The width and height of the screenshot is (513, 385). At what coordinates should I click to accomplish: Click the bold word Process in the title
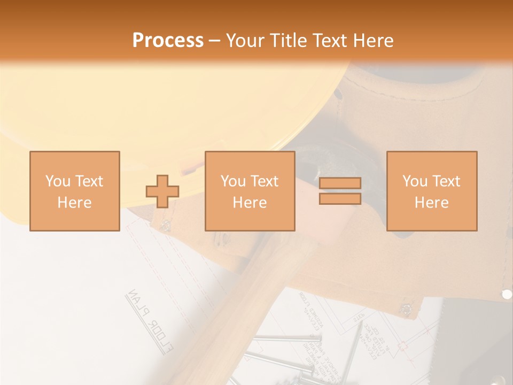[x=168, y=40]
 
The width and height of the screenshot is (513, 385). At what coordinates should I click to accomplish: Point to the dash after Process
[x=214, y=41]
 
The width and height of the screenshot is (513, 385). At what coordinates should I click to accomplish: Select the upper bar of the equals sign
[x=340, y=183]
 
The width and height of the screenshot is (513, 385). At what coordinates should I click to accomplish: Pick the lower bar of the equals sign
[x=340, y=199]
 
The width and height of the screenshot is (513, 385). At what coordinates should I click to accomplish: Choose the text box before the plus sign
[x=75, y=191]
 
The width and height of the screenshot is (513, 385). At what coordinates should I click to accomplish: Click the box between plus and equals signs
[x=250, y=191]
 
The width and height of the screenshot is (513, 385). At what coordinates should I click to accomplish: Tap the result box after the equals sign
[x=431, y=191]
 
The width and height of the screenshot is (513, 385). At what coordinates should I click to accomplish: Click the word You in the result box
[x=415, y=181]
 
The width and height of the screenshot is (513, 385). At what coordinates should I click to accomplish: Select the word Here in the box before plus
[x=74, y=203]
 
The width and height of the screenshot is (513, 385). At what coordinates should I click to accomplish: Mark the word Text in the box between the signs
[x=265, y=181]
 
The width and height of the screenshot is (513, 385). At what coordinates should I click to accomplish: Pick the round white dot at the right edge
[x=507, y=294]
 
